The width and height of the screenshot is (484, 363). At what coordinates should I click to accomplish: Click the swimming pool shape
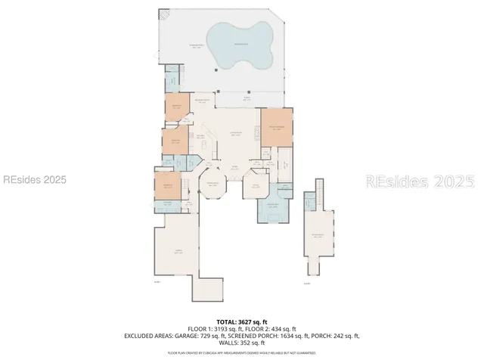pos(240,45)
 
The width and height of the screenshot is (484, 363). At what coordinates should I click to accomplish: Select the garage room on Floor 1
pos(178,252)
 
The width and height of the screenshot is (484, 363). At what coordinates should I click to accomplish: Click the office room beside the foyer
pos(255,185)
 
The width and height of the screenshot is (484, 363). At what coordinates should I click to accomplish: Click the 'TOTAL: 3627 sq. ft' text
pos(242,321)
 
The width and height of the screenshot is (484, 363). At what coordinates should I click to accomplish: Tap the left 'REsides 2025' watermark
pos(34,180)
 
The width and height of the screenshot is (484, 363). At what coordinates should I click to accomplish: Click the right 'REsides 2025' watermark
pos(420,181)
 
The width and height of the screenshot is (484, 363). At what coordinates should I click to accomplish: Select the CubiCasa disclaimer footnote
pos(242,352)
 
